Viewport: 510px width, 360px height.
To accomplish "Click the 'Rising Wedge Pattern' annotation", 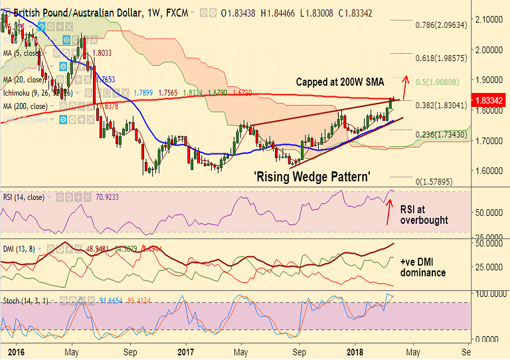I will pos(312,177).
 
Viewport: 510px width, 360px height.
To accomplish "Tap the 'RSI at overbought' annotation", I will pos(424,215).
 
